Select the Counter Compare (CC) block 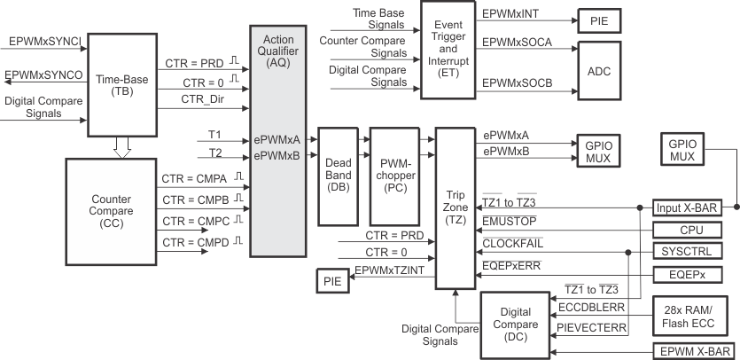pyautogui.click(x=110, y=211)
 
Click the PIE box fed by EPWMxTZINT pyautogui.click(x=332, y=282)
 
